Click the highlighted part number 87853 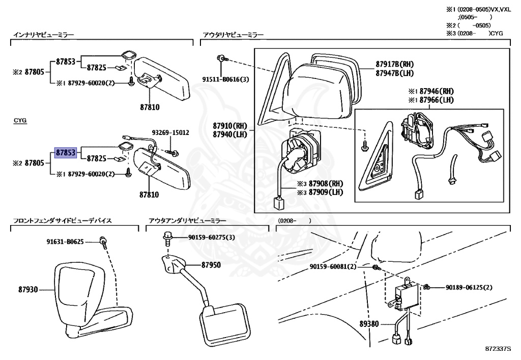pos(66,152)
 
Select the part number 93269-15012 pos(169,132)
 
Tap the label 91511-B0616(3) pos(225,79)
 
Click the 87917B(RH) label pos(395,64)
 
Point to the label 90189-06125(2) pos(469,288)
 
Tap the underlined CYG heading pos(20,121)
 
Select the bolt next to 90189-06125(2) pos(427,287)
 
